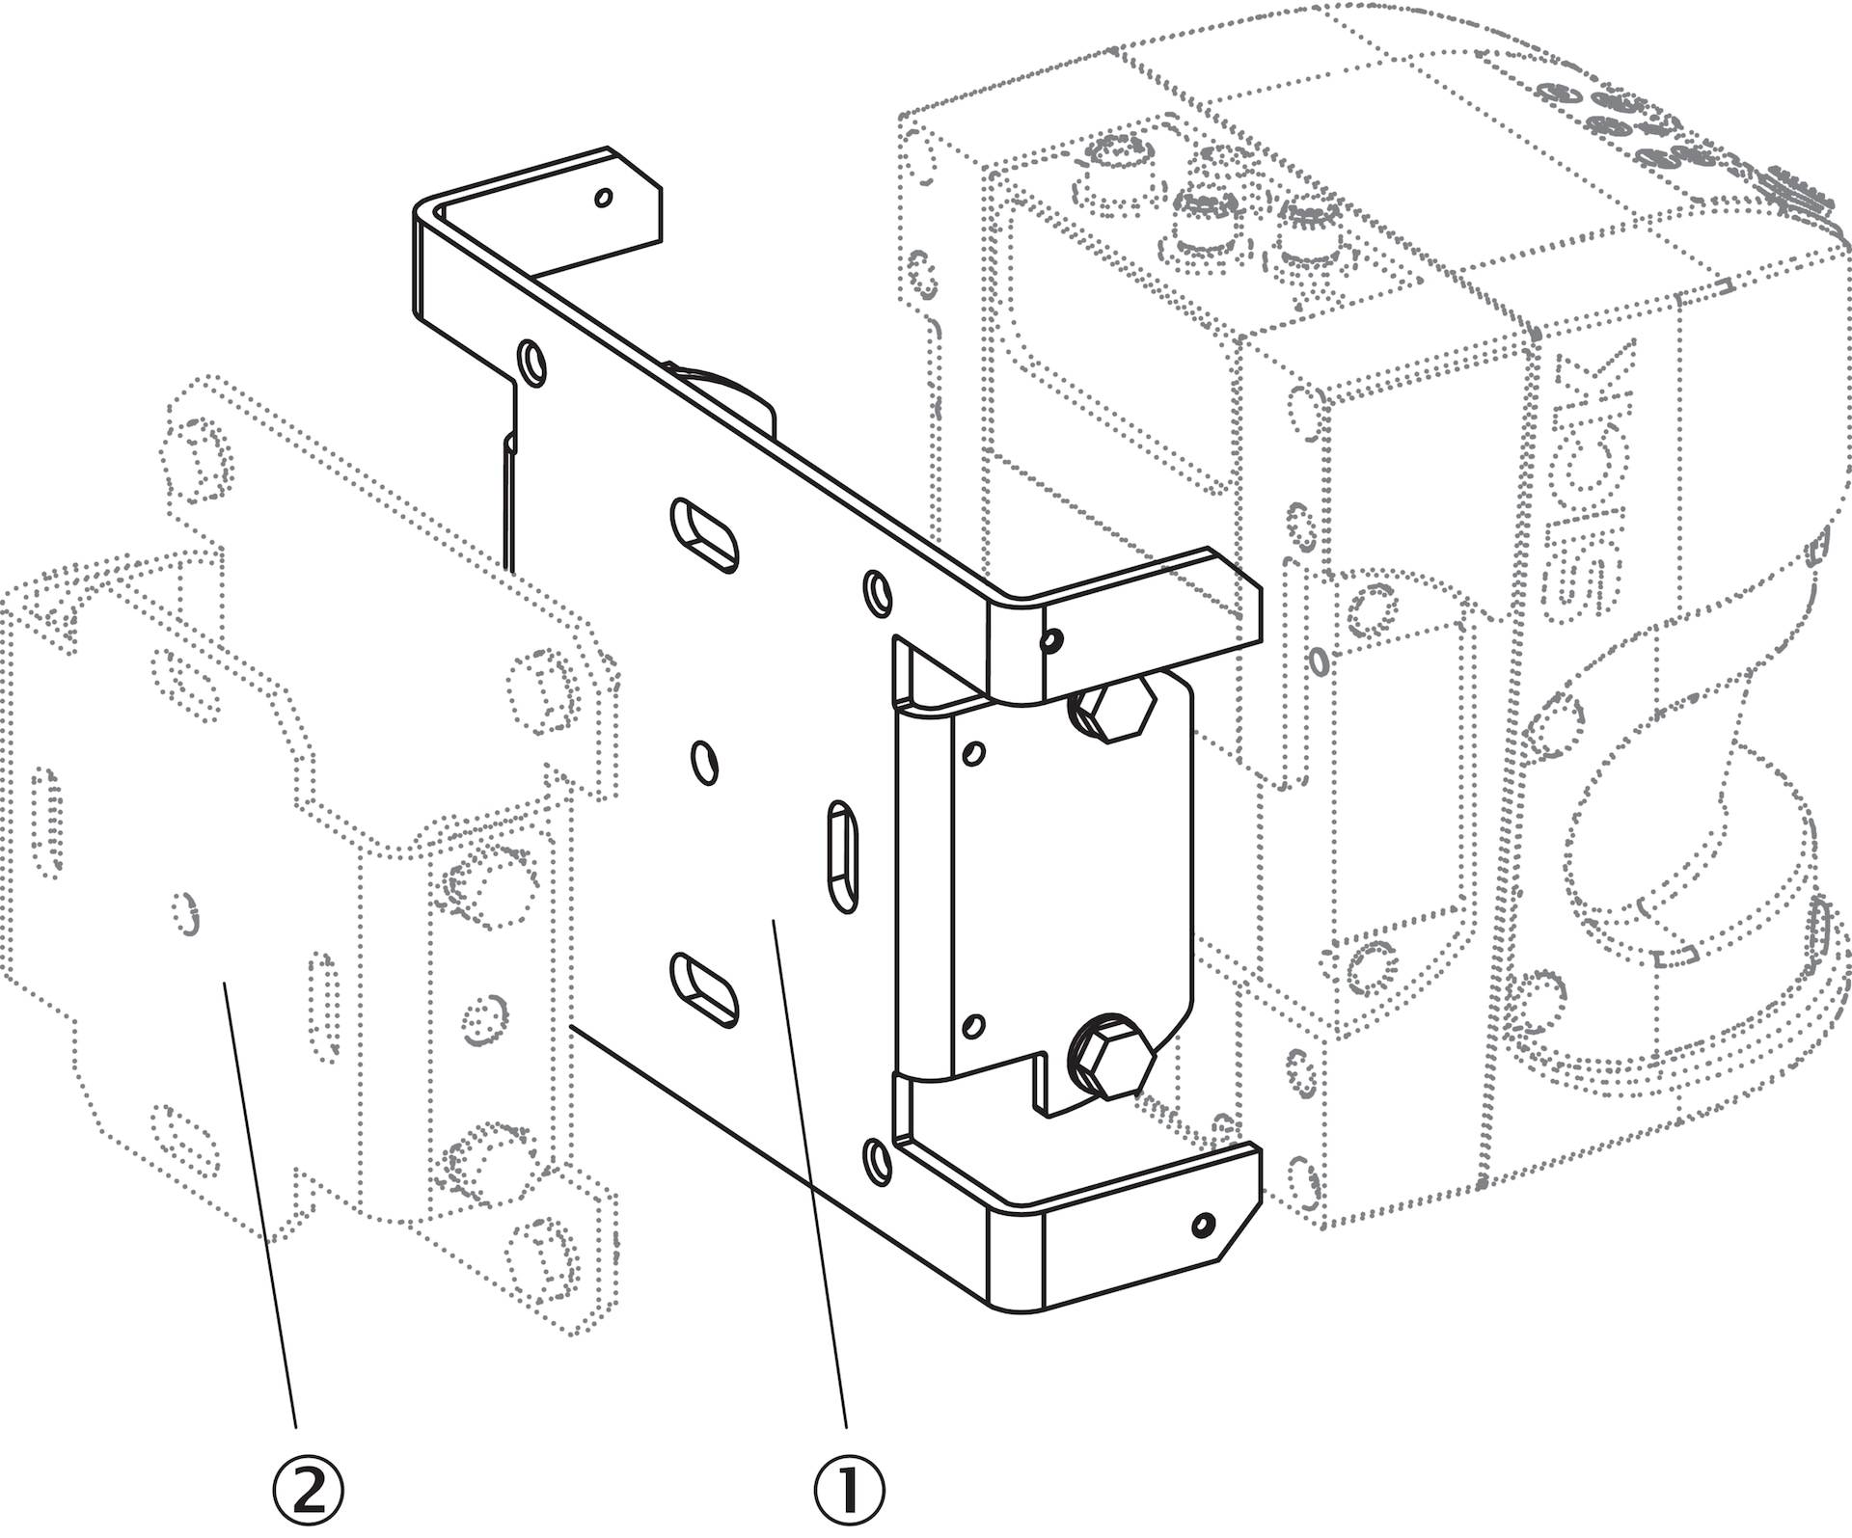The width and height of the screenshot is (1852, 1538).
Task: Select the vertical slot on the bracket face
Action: click(843, 854)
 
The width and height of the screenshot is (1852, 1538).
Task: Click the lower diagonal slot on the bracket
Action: click(705, 988)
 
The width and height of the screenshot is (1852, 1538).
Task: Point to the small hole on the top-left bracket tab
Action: click(604, 198)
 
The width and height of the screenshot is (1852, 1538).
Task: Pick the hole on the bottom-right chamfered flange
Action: click(1202, 1225)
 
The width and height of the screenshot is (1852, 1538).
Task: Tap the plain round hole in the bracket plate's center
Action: click(706, 762)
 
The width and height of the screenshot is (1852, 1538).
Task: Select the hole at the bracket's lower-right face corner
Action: click(877, 1159)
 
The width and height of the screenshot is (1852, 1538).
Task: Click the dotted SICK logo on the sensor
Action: click(1592, 482)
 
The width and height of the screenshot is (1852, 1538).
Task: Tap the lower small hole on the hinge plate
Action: click(974, 1025)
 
